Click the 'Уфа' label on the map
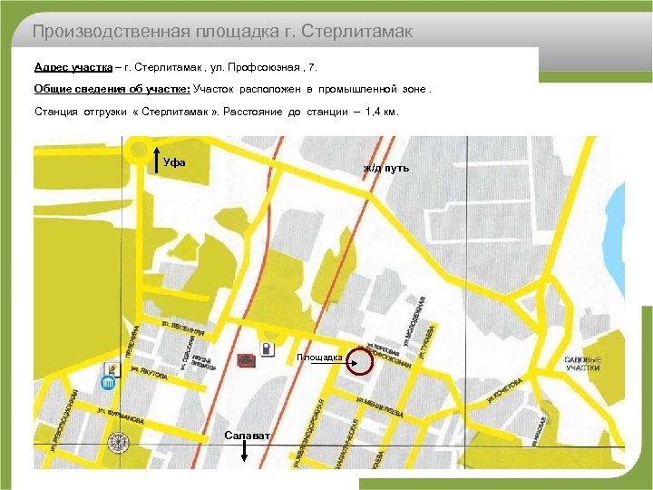point(175,162)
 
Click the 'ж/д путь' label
point(386,168)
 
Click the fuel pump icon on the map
point(267,350)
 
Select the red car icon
point(245,360)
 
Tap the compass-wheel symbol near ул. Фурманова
point(116,442)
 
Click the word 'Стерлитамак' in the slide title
point(359,33)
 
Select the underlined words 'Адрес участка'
point(73,67)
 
